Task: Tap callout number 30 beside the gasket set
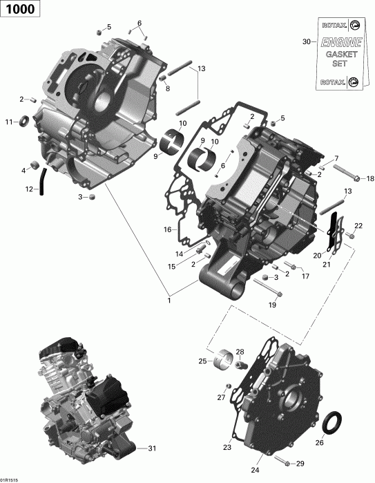click(306, 41)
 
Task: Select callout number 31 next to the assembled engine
click(153, 448)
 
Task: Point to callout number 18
click(370, 178)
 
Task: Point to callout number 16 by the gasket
click(166, 229)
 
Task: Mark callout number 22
click(358, 226)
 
